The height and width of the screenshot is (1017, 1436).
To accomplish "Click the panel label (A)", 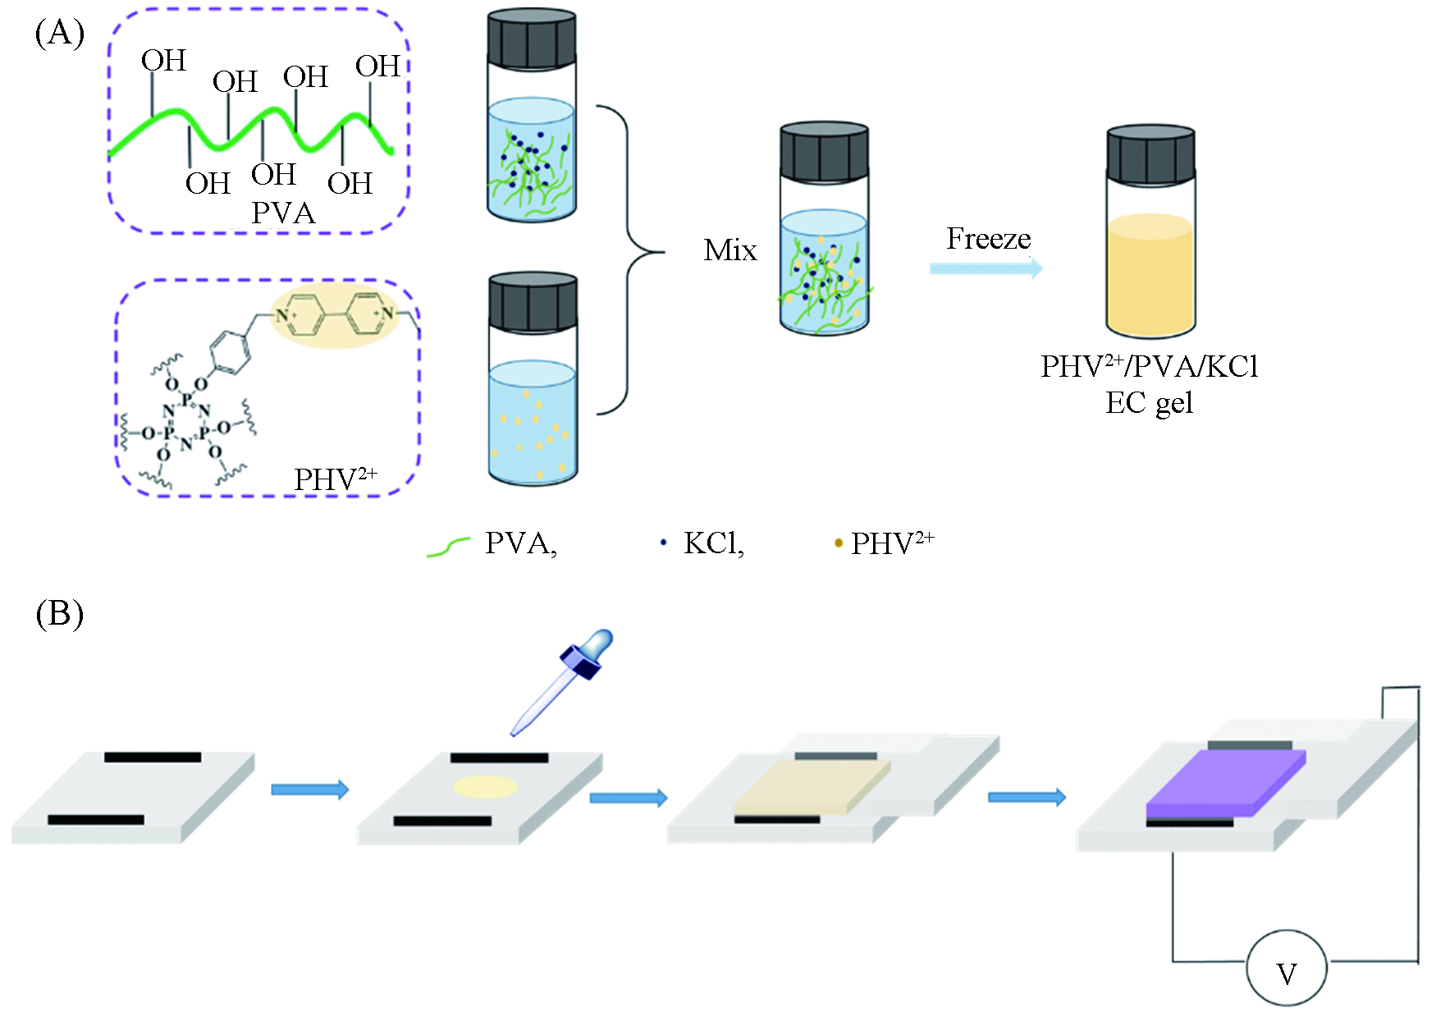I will click(60, 34).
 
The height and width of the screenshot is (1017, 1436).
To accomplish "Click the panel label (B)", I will click(60, 614).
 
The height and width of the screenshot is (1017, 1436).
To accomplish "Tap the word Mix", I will click(730, 250).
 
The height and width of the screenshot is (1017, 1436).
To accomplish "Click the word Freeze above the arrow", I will click(988, 239).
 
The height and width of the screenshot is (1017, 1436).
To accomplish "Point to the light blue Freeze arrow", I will click(986, 268).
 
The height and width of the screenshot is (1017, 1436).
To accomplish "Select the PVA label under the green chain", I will click(283, 213).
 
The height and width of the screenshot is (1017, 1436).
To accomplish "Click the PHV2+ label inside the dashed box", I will click(335, 479).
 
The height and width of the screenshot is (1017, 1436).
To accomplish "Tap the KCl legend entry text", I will click(713, 543).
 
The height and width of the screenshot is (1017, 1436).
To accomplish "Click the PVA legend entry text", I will click(520, 543).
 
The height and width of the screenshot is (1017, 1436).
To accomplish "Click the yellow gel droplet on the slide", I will click(486, 787).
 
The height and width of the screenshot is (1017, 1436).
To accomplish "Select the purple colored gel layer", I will click(1224, 784).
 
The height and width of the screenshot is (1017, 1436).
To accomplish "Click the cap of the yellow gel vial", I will click(1150, 154).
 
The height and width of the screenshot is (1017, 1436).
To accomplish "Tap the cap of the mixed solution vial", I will click(824, 152).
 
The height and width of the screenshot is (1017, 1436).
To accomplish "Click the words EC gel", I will click(1149, 403).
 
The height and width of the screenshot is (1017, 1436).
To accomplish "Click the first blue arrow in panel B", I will click(309, 790).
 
